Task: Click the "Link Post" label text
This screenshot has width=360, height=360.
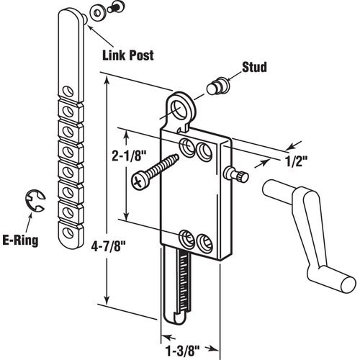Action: (x=126, y=55)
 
